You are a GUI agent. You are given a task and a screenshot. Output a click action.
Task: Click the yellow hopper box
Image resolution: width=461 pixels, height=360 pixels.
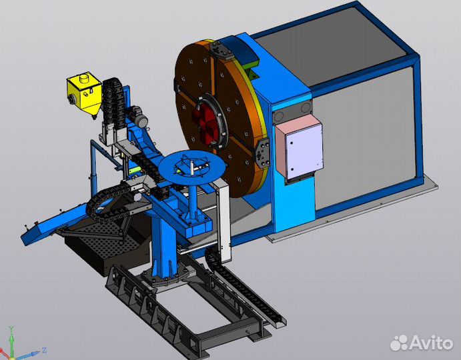(84, 94)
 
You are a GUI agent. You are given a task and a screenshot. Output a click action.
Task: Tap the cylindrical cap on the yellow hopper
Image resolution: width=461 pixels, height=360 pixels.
(85, 78)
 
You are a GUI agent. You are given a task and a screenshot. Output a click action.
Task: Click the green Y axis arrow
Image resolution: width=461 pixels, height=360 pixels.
(11, 341)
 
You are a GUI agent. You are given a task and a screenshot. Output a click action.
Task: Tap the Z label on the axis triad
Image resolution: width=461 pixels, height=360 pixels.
(44, 350)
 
